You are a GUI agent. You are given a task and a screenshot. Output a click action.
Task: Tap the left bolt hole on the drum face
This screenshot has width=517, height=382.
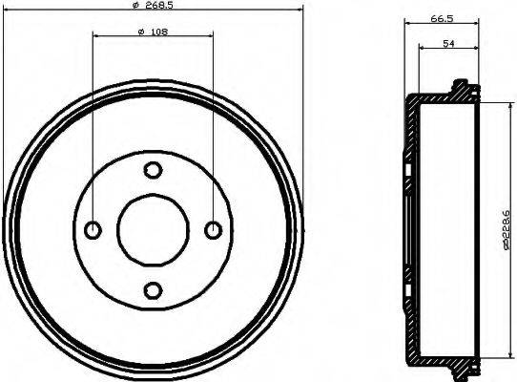(x=93, y=229)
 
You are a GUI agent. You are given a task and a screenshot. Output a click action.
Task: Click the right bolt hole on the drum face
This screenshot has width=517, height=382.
(x=213, y=229)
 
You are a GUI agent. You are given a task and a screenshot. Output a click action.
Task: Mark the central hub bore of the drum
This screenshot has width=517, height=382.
(x=153, y=229)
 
